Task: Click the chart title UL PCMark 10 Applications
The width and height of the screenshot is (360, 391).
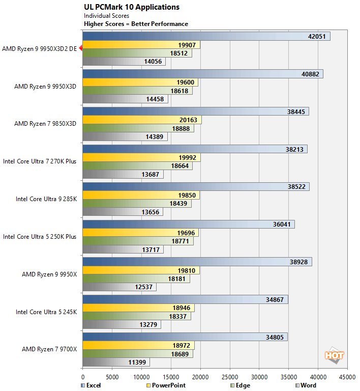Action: pyautogui.click(x=131, y=7)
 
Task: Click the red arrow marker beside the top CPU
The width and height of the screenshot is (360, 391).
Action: pyautogui.click(x=80, y=49)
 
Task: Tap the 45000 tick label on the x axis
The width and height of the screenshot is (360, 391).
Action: pyautogui.click(x=347, y=378)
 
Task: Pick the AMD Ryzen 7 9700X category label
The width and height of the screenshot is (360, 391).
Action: pyautogui.click(x=49, y=349)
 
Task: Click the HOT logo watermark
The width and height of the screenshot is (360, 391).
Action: pyautogui.click(x=334, y=355)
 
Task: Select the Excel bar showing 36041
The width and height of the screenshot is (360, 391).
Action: pyautogui.click(x=188, y=225)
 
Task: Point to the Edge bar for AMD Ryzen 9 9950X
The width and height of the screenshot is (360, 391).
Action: pyautogui.click(x=136, y=279)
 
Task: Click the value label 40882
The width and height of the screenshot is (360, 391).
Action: pyautogui.click(x=311, y=74)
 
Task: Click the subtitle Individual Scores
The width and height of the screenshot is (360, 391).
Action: pyautogui.click(x=106, y=16)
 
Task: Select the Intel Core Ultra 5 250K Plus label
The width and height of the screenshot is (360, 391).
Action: pyautogui.click(x=40, y=237)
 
